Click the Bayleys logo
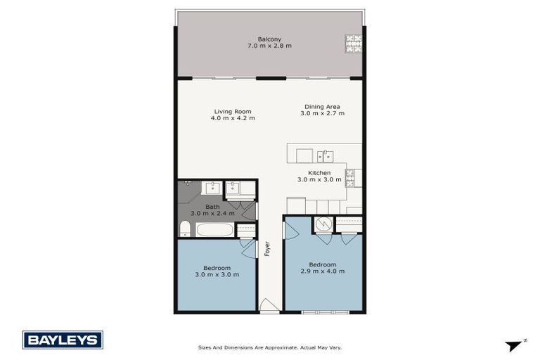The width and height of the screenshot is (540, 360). pos(63,340)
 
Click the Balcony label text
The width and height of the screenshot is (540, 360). pos(269,39)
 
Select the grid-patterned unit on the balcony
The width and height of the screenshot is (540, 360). pos(352,44)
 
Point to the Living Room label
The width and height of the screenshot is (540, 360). pos(233,111)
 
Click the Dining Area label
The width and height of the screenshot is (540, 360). pos(323,106)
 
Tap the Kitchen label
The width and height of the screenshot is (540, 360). pos(319,172)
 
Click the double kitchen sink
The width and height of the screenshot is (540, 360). pos(325,155)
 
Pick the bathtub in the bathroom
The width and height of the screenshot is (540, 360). pos(214,230)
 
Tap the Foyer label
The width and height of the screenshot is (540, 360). pos(267,248)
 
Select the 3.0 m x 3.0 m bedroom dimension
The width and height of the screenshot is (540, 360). pos(217,274)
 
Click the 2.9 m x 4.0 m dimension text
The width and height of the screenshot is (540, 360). pos(323,271)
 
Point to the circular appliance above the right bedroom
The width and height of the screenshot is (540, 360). pos(323,224)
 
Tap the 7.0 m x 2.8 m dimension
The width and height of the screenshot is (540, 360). pos(269,46)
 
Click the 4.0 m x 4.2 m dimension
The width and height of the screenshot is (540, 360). pos(233,118)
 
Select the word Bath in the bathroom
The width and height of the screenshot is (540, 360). pos(212,207)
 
